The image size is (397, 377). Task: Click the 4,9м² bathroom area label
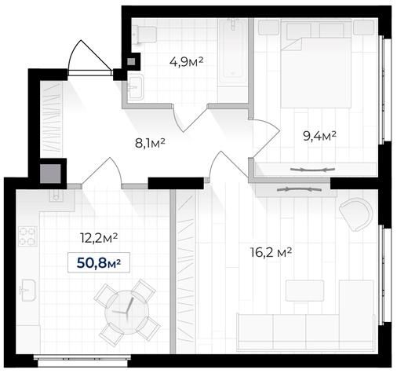click(186, 62)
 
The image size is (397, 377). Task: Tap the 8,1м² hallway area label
click(150, 144)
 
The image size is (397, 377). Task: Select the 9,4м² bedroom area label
click(319, 136)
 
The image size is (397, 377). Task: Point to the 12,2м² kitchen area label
click(99, 238)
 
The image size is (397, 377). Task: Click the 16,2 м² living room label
click(271, 253)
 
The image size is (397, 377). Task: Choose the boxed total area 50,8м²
click(99, 262)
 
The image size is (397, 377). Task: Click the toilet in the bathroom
click(144, 35)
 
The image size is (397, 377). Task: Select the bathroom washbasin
click(136, 86)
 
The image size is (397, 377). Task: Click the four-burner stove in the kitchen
click(27, 236)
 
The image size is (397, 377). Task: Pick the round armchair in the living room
click(356, 214)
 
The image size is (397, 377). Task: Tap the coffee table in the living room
click(304, 291)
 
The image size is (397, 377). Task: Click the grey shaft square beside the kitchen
click(50, 174)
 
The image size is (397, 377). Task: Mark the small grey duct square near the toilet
click(131, 62)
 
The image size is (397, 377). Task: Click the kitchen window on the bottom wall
click(82, 361)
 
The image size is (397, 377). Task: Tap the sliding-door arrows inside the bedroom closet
click(312, 170)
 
